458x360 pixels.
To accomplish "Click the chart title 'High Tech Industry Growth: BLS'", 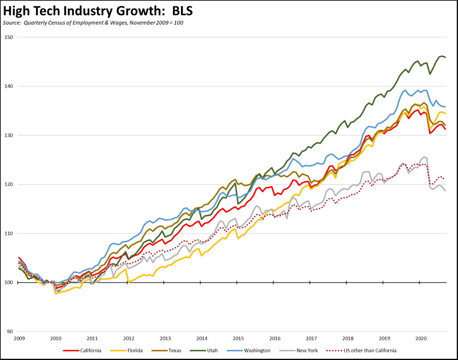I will pos(98,10).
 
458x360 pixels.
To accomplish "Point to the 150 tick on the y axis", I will pos(9,37).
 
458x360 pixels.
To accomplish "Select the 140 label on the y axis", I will pos(9,86).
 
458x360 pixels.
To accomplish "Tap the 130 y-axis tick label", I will pos(9,136).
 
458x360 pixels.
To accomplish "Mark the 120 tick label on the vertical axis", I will pos(9,185).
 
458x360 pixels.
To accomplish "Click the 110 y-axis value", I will pos(9,234).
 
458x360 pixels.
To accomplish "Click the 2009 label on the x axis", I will pos(19,338).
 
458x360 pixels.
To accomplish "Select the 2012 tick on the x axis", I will pos(128,338).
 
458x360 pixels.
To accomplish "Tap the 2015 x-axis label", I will pos(238,338).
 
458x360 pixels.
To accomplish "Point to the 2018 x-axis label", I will pos(347,338).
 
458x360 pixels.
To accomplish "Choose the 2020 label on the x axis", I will pos(421,338).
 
